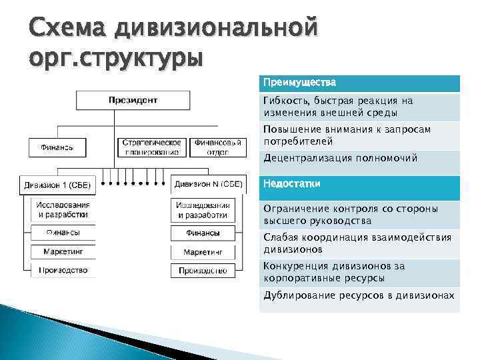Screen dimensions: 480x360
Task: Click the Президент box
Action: [x=133, y=101]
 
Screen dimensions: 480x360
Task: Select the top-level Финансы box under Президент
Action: [x=57, y=147]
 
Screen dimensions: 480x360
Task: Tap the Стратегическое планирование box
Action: [x=152, y=147]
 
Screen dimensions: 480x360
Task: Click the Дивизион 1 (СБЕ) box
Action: [x=59, y=184]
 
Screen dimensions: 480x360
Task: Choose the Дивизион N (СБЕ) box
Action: [x=208, y=183]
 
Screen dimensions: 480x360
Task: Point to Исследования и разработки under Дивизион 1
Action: [x=63, y=210]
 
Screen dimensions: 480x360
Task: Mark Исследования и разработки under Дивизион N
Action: [x=203, y=210]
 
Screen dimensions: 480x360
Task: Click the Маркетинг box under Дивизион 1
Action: [x=63, y=252]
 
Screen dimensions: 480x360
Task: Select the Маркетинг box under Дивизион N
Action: [x=203, y=253]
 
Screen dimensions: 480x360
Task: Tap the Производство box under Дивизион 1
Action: [x=63, y=271]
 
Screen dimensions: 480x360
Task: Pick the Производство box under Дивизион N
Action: [x=203, y=271]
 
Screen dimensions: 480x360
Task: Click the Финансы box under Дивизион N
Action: [x=203, y=233]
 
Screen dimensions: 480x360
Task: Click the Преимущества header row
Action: [x=360, y=83]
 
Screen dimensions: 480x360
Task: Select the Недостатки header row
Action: [x=360, y=185]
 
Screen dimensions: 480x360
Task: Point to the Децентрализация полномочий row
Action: [x=360, y=159]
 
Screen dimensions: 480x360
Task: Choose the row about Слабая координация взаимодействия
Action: [x=360, y=243]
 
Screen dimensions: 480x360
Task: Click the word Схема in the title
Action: [x=67, y=28]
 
